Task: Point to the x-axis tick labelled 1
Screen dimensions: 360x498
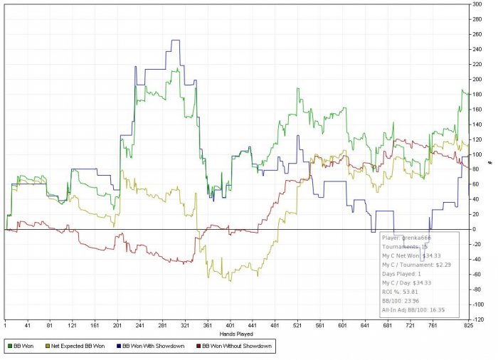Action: (5, 325)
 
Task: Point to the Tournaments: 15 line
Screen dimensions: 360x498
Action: (405, 246)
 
